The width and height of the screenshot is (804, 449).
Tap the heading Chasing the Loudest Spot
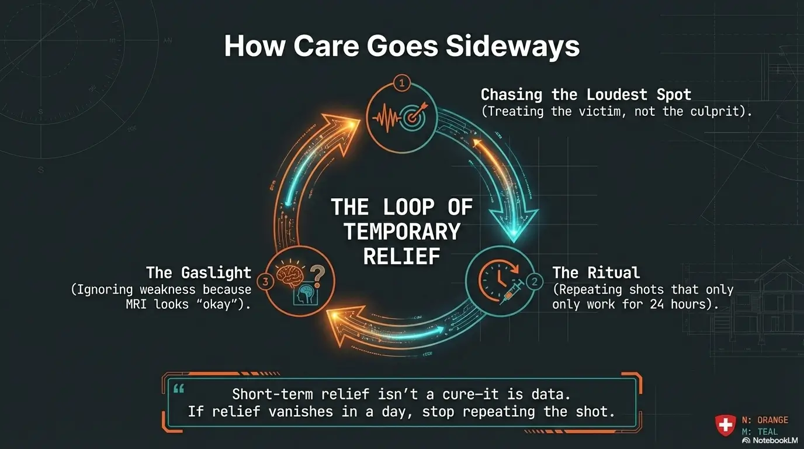[x=585, y=95]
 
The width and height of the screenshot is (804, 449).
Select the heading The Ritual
[x=596, y=272]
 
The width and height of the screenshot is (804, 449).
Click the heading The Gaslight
[x=199, y=273]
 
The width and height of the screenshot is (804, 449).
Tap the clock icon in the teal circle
[x=492, y=275]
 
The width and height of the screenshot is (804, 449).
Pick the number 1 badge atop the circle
[x=401, y=84]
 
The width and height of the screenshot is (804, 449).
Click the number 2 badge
[x=534, y=281]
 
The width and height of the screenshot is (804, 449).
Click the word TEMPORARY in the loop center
[x=402, y=232]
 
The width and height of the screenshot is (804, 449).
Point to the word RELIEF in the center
[x=401, y=256]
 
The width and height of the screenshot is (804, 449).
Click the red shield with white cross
[x=726, y=425]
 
